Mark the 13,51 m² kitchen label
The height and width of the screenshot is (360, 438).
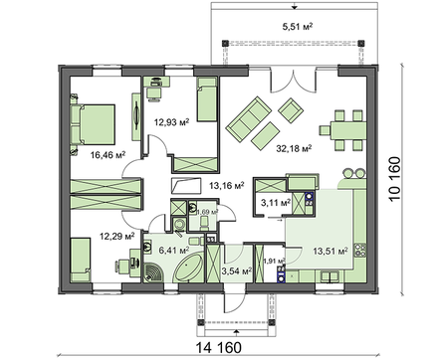[x=328, y=252]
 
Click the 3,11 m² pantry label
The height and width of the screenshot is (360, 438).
[x=274, y=203]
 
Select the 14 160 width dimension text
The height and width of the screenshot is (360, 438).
[x=220, y=347]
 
